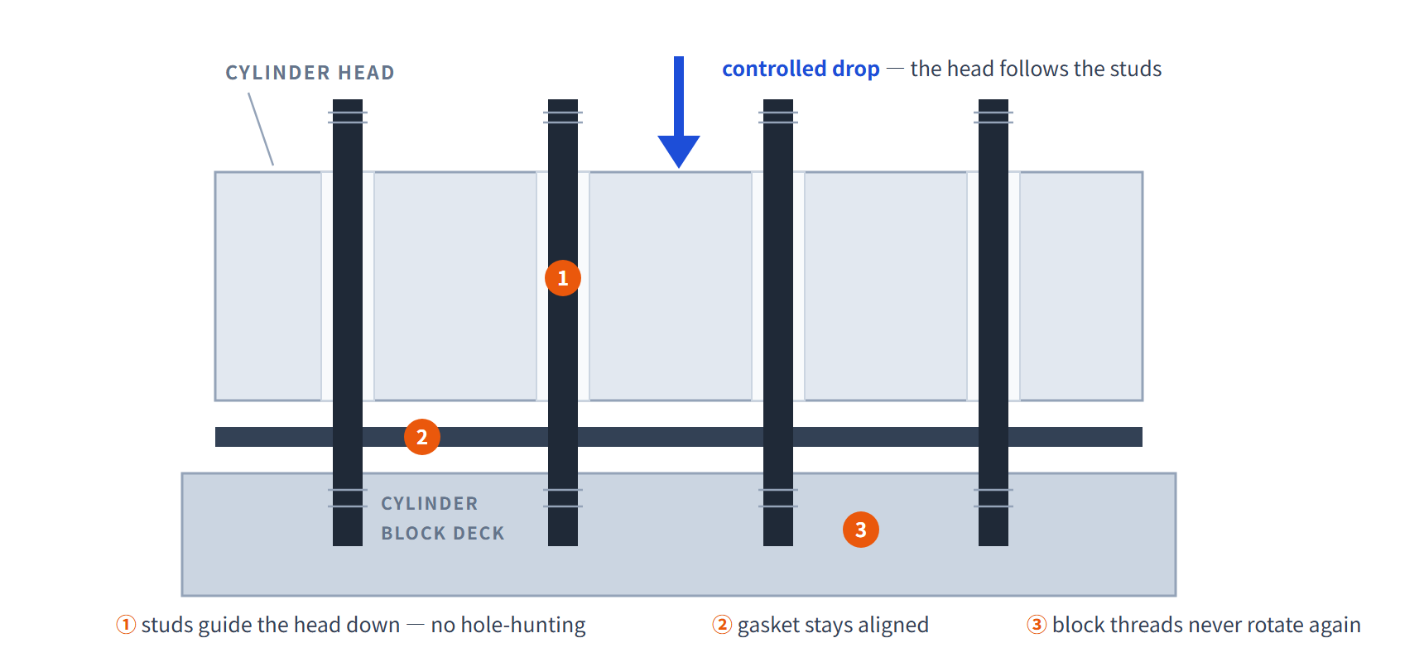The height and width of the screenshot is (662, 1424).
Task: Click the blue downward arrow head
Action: pos(679,151)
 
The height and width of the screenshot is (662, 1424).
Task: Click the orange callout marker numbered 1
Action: pos(563,278)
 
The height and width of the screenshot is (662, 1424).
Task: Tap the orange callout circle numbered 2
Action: pos(422,437)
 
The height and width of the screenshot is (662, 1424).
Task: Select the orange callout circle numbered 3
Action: pos(861,530)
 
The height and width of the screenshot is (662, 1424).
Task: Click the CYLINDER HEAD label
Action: pos(310,73)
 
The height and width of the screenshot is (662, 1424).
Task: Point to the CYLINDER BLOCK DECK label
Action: pos(443,518)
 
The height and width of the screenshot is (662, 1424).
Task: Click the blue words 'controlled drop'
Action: pos(801,69)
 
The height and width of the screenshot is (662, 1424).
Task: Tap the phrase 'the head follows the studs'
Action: pos(1036,69)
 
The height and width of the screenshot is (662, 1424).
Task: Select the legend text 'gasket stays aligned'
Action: pos(833,625)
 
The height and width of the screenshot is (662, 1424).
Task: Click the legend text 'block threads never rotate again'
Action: pos(1206,625)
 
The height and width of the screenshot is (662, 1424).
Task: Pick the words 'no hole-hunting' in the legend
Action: pos(508,625)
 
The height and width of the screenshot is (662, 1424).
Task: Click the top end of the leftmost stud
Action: pos(348,100)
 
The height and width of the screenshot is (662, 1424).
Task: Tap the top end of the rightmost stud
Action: pos(993,100)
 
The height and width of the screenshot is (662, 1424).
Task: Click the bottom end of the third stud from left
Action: pos(778,545)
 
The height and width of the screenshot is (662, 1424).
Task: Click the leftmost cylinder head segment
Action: pos(268,286)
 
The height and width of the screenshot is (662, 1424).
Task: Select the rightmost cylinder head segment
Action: pos(1081,286)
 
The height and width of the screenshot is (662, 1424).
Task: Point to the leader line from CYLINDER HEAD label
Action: pos(261,129)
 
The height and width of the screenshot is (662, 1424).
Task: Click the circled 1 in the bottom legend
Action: pos(126,625)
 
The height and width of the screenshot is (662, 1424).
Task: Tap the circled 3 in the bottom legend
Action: pos(1037,625)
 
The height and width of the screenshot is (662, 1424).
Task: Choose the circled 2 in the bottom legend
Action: pos(722,625)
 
